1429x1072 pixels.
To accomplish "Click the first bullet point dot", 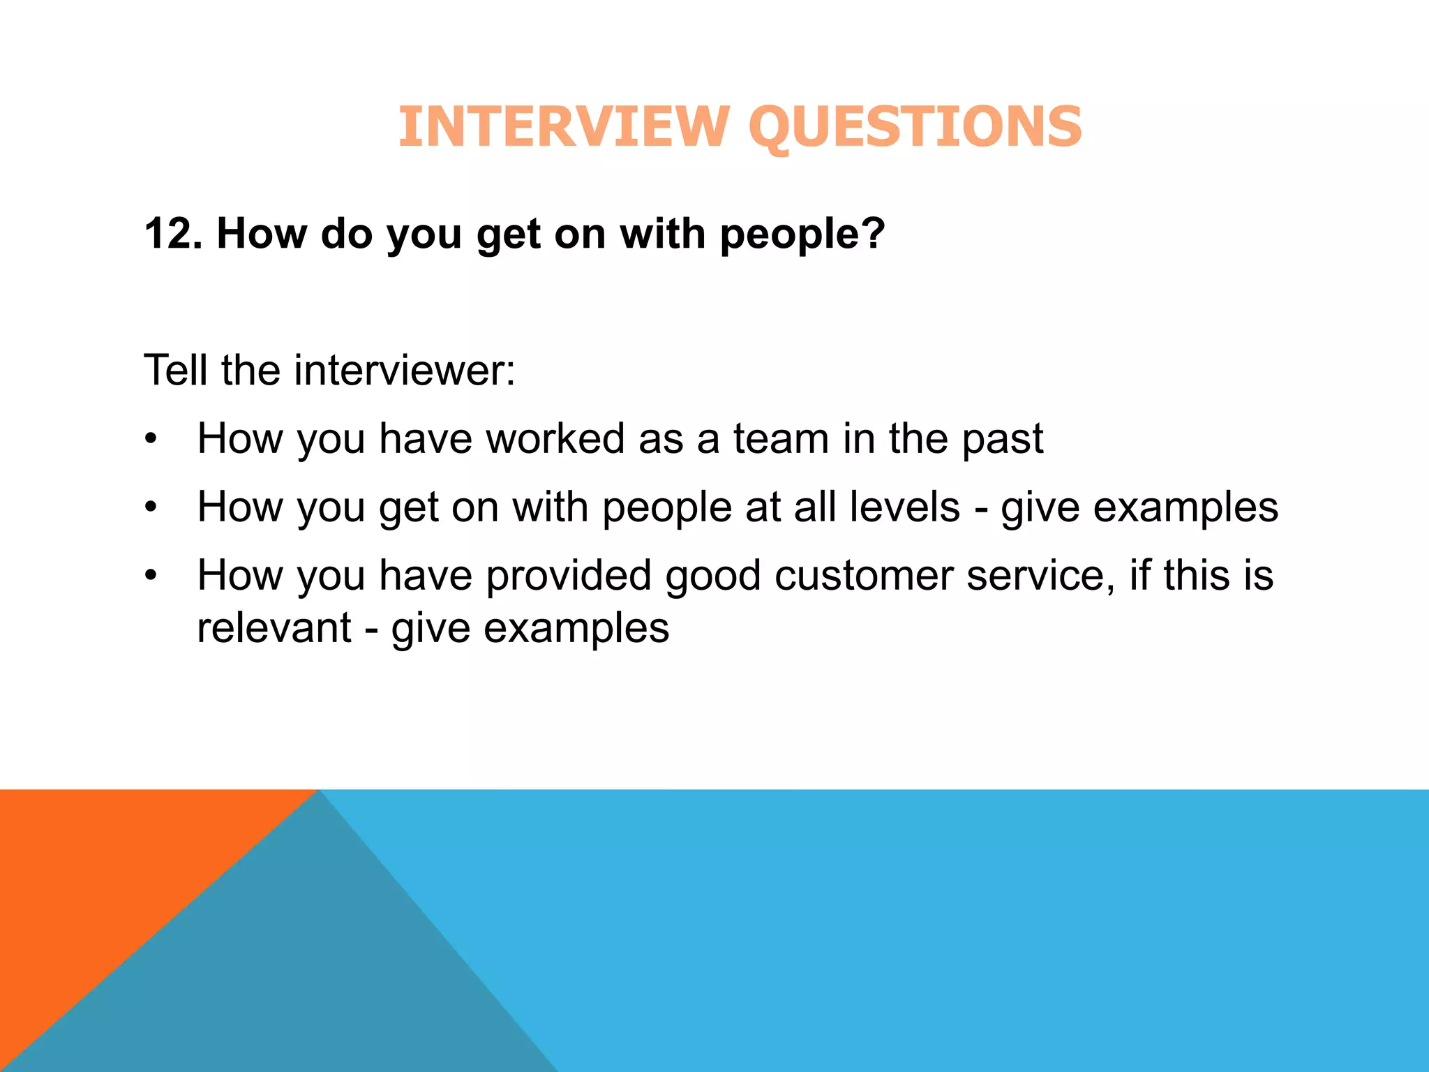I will point(151,440).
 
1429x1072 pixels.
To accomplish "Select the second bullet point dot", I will point(151,508).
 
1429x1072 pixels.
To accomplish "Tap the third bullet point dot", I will point(151,576).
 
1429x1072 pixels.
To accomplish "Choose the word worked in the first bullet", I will point(555,439).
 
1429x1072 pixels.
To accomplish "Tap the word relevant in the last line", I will point(274,627).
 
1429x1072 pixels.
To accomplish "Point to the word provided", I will point(569,576).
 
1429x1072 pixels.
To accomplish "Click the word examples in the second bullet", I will point(1185,508).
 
